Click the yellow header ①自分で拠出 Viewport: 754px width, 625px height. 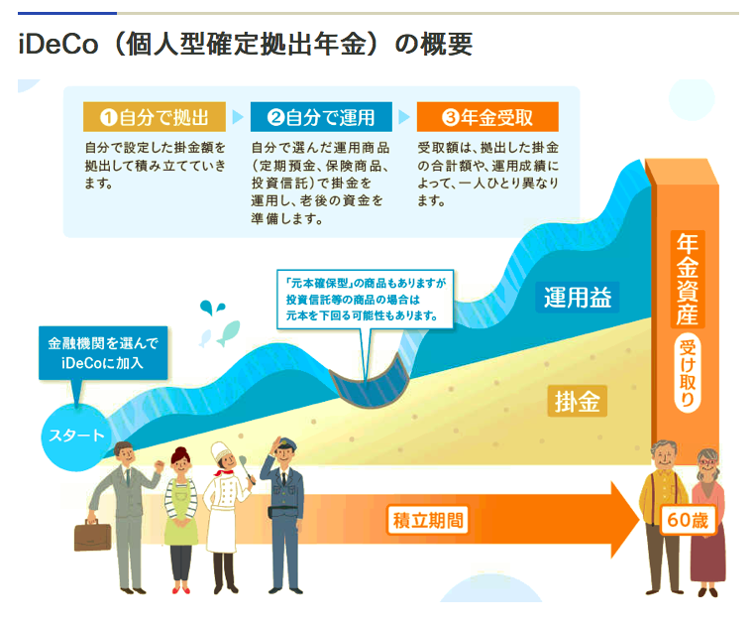pyautogui.click(x=155, y=116)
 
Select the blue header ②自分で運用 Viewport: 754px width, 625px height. pyautogui.click(x=321, y=116)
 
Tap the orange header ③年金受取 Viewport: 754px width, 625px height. pyautogui.click(x=487, y=116)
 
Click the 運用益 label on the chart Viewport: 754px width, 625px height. pyautogui.click(x=578, y=297)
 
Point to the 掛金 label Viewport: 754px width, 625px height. pyautogui.click(x=577, y=401)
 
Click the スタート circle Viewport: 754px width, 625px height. pyautogui.click(x=76, y=437)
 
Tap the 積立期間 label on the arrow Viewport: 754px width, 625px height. pyautogui.click(x=428, y=521)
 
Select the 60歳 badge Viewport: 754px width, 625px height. pyautogui.click(x=688, y=520)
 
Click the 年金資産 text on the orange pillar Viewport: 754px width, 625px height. pyautogui.click(x=688, y=280)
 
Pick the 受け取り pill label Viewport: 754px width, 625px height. pyautogui.click(x=688, y=373)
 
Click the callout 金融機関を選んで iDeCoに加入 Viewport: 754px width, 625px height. pyautogui.click(x=103, y=353)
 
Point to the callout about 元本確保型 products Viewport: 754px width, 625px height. pyautogui.click(x=365, y=299)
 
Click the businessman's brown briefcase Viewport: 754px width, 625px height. pyautogui.click(x=92, y=536)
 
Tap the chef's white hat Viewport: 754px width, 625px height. pyautogui.click(x=221, y=451)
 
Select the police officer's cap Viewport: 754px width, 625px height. pyautogui.click(x=284, y=443)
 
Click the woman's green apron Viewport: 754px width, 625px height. pyautogui.click(x=180, y=513)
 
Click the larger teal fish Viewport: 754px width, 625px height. pyautogui.click(x=229, y=332)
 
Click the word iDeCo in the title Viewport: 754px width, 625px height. pyautogui.click(x=58, y=44)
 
